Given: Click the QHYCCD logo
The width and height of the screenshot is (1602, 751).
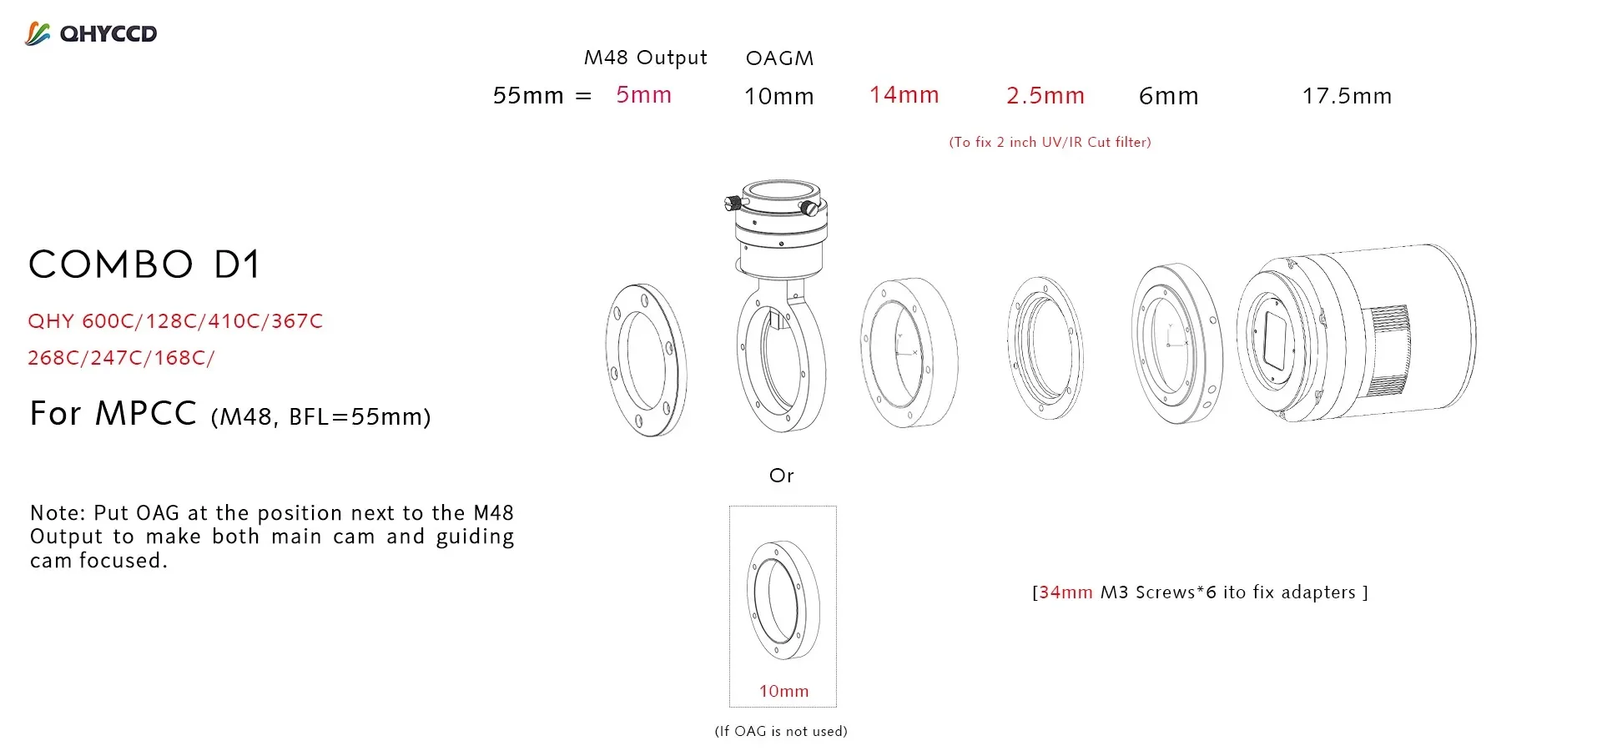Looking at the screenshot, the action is pyautogui.click(x=91, y=33).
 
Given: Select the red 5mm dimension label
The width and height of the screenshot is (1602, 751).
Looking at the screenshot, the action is pyautogui.click(x=643, y=95).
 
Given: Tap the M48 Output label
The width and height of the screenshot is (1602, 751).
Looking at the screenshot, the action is pyautogui.click(x=645, y=58).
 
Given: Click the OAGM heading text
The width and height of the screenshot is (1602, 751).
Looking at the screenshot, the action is pyautogui.click(x=779, y=58).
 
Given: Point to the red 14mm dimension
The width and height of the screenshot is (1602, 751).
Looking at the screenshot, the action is pyautogui.click(x=904, y=95).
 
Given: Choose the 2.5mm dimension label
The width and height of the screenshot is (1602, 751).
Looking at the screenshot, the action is pyautogui.click(x=1045, y=96).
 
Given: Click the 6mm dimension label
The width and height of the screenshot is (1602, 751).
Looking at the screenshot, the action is pyautogui.click(x=1168, y=97).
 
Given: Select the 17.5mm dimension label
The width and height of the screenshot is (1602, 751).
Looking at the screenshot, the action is pyautogui.click(x=1347, y=97).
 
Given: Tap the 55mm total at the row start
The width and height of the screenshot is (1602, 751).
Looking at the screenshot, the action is pyautogui.click(x=528, y=96).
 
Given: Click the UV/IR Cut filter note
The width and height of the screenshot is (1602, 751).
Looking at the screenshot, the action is pyautogui.click(x=1050, y=143).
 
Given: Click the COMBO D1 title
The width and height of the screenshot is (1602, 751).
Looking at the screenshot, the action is pyautogui.click(x=145, y=265).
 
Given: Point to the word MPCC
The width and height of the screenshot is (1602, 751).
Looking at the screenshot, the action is pyautogui.click(x=146, y=414).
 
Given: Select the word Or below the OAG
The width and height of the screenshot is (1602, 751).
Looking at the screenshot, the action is pyautogui.click(x=781, y=476).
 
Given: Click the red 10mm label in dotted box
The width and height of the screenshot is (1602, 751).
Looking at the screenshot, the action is pyautogui.click(x=783, y=691).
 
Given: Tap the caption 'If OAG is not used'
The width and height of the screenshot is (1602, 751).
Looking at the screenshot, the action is pyautogui.click(x=781, y=732).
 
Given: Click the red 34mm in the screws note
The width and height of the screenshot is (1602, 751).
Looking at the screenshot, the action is pyautogui.click(x=1065, y=592).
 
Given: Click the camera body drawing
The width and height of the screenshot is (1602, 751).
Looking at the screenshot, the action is pyautogui.click(x=1385, y=334).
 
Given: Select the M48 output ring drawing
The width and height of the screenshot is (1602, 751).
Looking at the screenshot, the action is pyautogui.click(x=646, y=360).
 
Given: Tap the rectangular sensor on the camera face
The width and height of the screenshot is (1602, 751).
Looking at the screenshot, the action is pyautogui.click(x=1274, y=340).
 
